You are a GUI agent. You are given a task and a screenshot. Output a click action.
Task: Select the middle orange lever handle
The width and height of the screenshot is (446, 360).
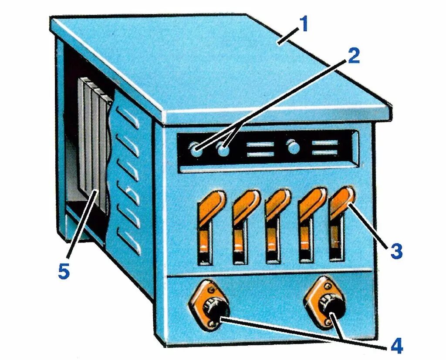(x=277, y=203)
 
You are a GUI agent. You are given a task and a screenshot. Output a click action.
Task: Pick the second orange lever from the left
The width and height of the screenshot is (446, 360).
(x=245, y=204)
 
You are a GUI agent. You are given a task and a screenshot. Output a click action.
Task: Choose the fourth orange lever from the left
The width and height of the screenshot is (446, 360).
(x=311, y=202)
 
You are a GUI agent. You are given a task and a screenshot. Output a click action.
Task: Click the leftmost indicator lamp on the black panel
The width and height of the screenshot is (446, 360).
(x=196, y=151)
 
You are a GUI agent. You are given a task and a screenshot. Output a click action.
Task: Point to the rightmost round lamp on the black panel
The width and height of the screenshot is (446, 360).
(x=294, y=148)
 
